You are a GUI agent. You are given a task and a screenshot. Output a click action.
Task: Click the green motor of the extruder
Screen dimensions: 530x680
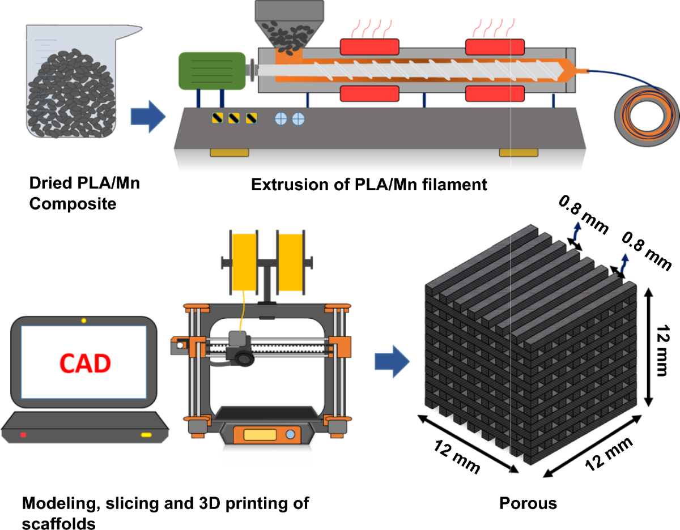coord(211,70)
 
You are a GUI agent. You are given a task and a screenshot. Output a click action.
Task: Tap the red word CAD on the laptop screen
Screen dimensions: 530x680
coord(84,364)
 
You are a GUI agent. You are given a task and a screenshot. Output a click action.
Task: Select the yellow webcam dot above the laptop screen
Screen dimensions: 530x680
coord(84,321)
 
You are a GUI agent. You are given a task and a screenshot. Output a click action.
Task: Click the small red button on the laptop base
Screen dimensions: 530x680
coord(23,435)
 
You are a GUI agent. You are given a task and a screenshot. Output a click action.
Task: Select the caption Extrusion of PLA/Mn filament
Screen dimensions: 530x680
coord(369,185)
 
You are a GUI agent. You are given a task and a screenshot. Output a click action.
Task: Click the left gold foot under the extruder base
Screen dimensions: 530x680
coord(229,152)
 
